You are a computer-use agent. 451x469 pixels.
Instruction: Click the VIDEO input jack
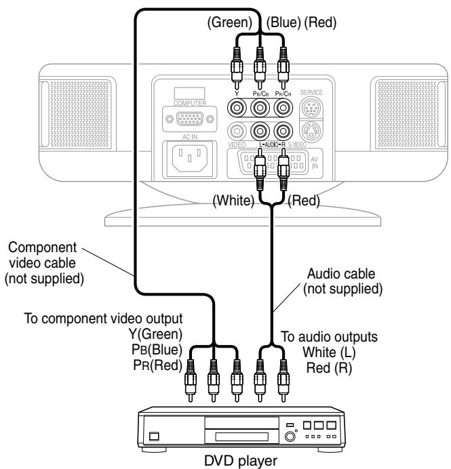[x=237, y=131]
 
